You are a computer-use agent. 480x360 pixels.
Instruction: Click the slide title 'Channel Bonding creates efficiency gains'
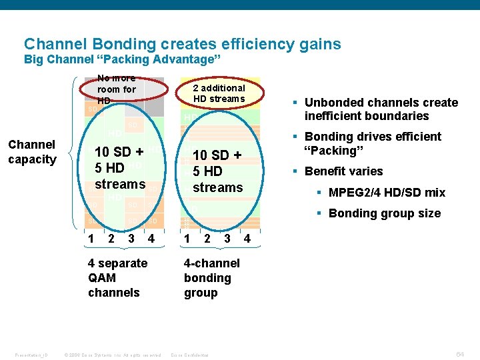click(182, 45)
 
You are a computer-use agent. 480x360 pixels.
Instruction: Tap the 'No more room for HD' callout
click(117, 89)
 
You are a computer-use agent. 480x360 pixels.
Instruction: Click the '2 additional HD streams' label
click(219, 93)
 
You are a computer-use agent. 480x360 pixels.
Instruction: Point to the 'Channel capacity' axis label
click(32, 152)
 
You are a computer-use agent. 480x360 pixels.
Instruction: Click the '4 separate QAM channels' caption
click(117, 278)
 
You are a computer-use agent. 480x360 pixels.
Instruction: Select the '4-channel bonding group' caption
click(212, 278)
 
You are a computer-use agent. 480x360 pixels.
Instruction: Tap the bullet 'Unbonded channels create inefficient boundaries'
click(381, 109)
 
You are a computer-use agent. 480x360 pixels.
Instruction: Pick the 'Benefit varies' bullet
click(343, 171)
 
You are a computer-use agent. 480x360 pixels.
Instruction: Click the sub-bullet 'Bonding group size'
click(384, 213)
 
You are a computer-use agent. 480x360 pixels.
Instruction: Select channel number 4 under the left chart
click(152, 239)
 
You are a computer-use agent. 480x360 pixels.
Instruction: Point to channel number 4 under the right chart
click(247, 239)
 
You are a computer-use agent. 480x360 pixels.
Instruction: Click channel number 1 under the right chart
click(188, 239)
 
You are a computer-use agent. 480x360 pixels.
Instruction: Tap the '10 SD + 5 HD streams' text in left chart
click(120, 168)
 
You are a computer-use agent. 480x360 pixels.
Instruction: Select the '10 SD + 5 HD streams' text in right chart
click(217, 171)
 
